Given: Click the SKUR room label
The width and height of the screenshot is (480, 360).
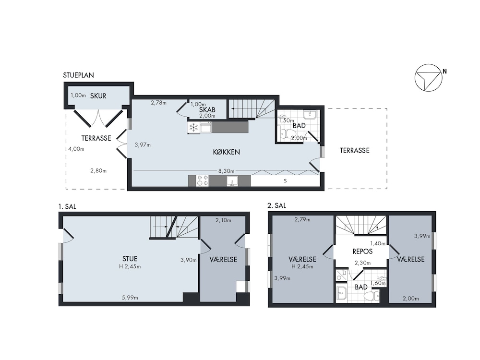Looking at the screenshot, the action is click(98, 96).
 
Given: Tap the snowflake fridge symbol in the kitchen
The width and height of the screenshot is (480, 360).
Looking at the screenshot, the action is click(193, 127).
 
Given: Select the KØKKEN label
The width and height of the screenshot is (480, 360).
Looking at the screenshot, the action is click(226, 152).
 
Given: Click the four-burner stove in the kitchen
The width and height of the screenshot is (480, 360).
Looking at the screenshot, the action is click(203, 180).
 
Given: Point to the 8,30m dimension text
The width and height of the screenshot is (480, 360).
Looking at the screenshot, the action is click(226, 171).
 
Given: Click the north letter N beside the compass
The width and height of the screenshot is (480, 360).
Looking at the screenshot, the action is click(444, 72).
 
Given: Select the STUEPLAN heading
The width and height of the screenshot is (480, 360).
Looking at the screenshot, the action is click(78, 75).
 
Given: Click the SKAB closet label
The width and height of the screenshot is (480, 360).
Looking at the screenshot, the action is click(207, 109).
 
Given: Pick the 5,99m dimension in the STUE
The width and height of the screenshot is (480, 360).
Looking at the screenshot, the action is click(130, 297).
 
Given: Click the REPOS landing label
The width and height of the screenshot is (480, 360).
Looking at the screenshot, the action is click(362, 252).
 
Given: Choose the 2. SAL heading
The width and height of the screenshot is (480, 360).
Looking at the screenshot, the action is click(277, 205).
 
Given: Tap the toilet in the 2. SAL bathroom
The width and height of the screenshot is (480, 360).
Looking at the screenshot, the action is click(372, 296).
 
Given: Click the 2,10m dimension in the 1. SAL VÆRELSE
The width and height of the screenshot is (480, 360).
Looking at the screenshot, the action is click(223, 220).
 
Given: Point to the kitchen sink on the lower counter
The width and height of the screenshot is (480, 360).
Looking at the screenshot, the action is click(232, 181).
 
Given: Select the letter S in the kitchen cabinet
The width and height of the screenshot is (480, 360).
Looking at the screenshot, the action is click(285, 181).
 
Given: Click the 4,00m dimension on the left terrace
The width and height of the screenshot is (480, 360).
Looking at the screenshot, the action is click(76, 149).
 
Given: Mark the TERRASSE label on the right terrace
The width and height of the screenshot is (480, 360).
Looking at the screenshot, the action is click(355, 150).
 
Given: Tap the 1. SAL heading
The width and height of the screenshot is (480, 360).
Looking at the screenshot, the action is click(67, 206).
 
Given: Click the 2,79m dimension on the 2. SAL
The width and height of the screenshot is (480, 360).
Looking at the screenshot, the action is click(302, 219).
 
